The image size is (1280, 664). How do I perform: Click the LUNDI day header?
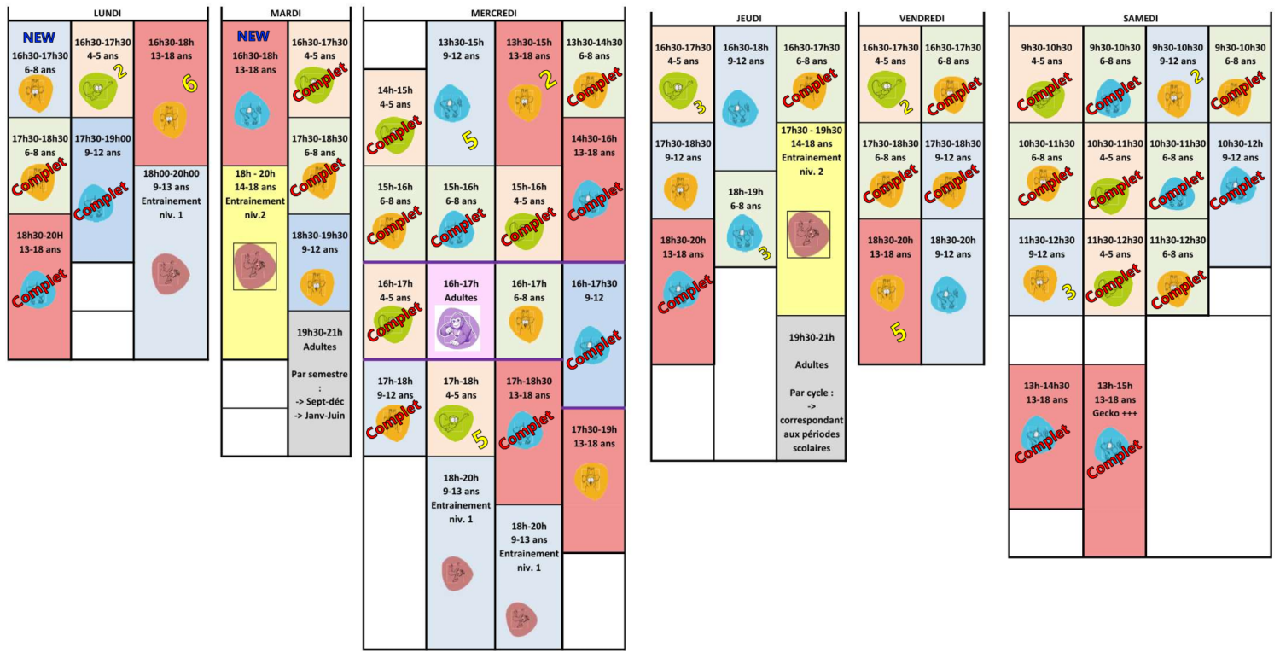107,13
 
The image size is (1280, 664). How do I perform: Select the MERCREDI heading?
494,13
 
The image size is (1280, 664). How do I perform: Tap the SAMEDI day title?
1140,18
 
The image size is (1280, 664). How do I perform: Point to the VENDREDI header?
921,18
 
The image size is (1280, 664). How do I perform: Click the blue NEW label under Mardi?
253,36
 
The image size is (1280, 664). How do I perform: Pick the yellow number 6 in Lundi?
189,84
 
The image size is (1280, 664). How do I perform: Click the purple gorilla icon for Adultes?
457,328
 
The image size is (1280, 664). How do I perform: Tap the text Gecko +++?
1114,413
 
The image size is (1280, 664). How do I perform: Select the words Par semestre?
319,375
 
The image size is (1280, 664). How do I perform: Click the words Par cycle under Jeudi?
812,393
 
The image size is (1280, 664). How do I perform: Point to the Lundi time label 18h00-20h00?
171,173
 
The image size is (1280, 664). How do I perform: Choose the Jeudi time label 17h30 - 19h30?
812,131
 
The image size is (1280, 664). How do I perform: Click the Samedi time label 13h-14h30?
1046,386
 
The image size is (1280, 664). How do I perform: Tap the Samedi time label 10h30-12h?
1240,143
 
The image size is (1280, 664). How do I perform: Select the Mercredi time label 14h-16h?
594,139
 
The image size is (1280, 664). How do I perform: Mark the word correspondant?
812,421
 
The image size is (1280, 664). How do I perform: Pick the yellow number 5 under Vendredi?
899,332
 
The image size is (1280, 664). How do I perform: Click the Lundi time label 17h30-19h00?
103,139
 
